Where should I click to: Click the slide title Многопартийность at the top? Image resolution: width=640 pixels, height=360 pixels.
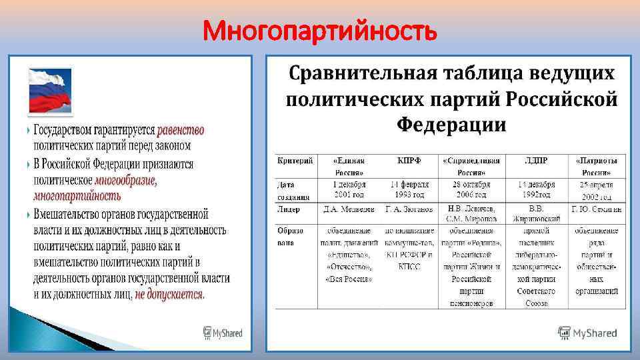click(320, 30)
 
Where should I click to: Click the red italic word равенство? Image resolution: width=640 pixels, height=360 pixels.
click(181, 130)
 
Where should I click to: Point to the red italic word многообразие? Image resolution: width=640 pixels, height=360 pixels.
click(126, 180)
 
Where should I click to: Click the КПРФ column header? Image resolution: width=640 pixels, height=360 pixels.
click(407, 161)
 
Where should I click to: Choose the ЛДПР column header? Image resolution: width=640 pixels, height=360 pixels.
click(535, 161)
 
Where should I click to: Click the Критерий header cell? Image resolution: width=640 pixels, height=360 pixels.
click(293, 161)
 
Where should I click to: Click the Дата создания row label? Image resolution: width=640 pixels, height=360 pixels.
click(293, 190)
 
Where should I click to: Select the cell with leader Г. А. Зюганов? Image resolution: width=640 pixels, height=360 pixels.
click(408, 209)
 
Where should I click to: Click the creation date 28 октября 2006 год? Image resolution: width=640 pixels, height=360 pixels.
click(471, 189)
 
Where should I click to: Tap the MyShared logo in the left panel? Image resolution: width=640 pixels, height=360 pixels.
click(223, 333)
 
